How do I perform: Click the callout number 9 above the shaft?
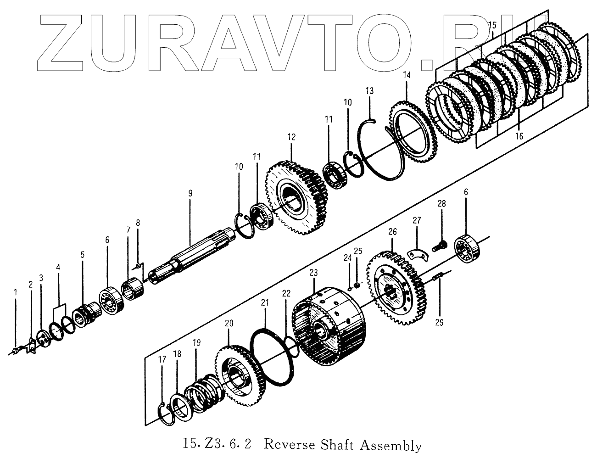pyautogui.click(x=190, y=193)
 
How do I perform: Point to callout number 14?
pyautogui.click(x=407, y=74)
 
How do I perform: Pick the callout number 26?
pyautogui.click(x=392, y=232)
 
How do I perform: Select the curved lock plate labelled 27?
pyautogui.click(x=417, y=253)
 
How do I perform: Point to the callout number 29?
pyautogui.click(x=439, y=323)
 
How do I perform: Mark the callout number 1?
pyautogui.click(x=15, y=292)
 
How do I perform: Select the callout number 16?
pyautogui.click(x=519, y=136)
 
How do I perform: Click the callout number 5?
pyautogui.click(x=83, y=267)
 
